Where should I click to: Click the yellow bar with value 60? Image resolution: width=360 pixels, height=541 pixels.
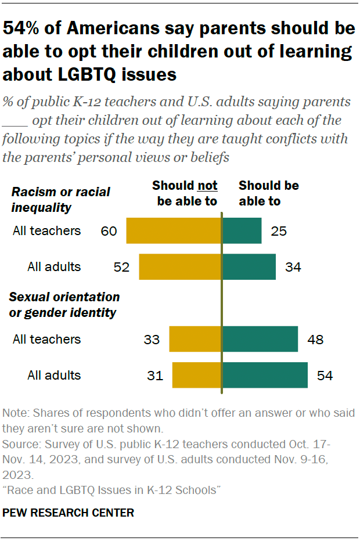pyautogui.click(x=174, y=230)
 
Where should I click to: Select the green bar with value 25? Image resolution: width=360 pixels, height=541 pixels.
pyautogui.click(x=242, y=230)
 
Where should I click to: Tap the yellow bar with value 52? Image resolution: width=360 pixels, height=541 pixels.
pyautogui.click(x=180, y=267)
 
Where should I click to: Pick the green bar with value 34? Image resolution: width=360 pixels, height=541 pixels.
pyautogui.click(x=249, y=267)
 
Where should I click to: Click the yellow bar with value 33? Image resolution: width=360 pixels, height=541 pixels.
pyautogui.click(x=195, y=339)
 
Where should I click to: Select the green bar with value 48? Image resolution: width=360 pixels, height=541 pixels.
pyautogui.click(x=260, y=339)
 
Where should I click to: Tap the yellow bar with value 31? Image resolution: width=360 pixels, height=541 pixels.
pyautogui.click(x=197, y=376)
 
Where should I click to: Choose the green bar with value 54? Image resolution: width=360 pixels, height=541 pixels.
pyautogui.click(x=265, y=376)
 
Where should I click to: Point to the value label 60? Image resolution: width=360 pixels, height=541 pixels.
pyautogui.click(x=109, y=231)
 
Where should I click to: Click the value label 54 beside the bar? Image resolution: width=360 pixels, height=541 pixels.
pyautogui.click(x=325, y=376)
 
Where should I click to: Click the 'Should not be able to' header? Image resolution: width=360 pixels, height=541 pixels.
pyautogui.click(x=185, y=193)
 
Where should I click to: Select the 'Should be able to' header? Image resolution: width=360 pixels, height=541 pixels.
pyautogui.click(x=269, y=193)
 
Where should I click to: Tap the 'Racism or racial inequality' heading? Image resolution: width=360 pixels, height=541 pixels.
pyautogui.click(x=61, y=199)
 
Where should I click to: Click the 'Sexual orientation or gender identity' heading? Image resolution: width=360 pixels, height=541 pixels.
pyautogui.click(x=64, y=305)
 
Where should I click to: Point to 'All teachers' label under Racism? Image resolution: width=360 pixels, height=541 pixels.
pyautogui.click(x=46, y=231)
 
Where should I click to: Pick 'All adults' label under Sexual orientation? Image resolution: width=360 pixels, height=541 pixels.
pyautogui.click(x=54, y=376)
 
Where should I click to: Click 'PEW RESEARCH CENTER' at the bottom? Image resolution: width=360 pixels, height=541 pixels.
pyautogui.click(x=69, y=513)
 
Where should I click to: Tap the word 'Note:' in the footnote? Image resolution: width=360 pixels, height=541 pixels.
pyautogui.click(x=16, y=414)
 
